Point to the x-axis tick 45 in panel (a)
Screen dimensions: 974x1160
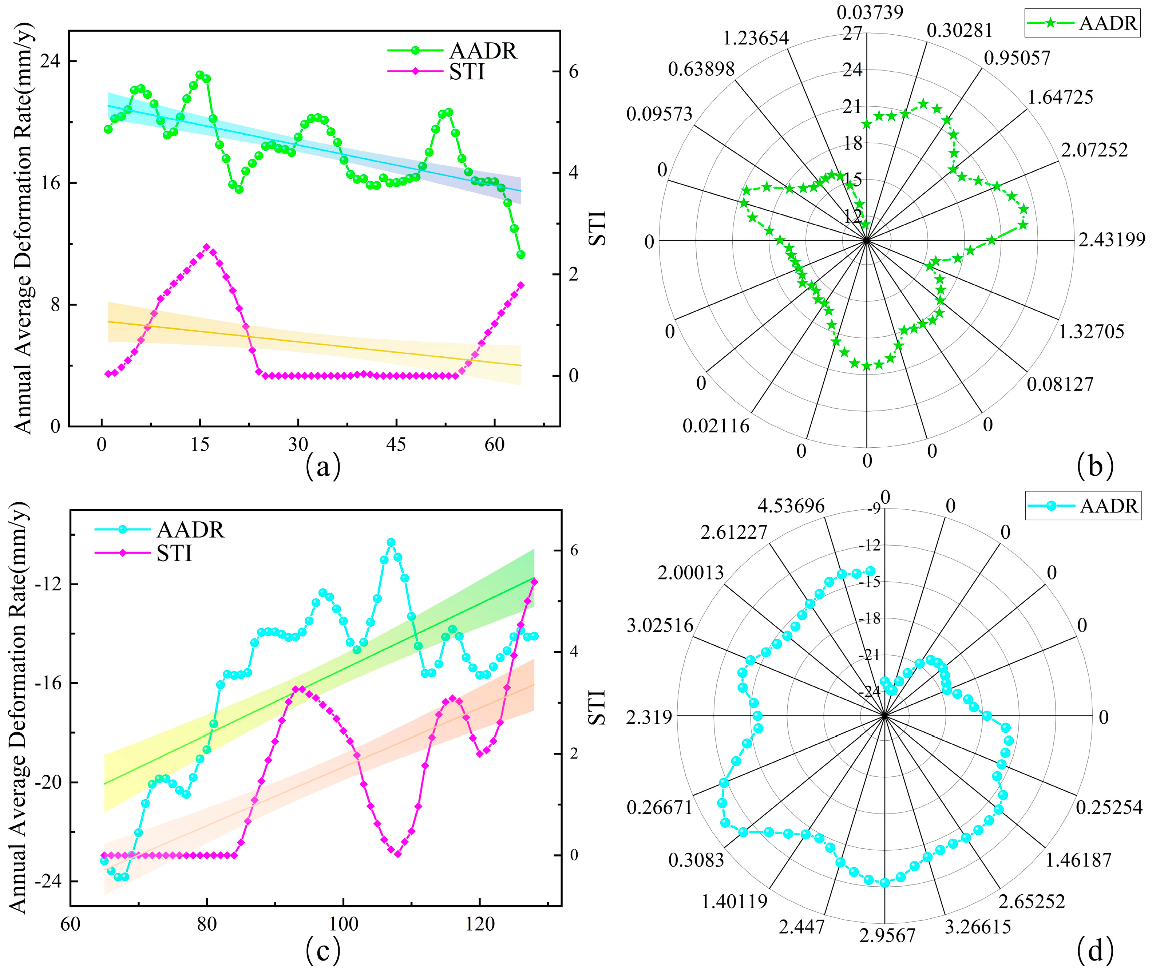396,445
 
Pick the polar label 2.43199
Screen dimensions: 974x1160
1111,240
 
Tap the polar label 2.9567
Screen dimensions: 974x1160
887,936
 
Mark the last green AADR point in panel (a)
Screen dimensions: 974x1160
520,254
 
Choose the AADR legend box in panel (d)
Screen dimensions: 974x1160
1083,506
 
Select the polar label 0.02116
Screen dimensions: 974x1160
716,426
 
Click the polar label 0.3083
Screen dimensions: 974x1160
696,860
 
